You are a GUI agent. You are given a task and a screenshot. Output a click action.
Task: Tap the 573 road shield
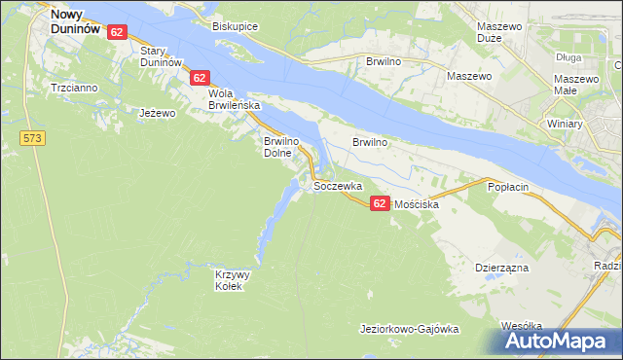33,139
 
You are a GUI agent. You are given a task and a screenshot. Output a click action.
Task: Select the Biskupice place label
236,26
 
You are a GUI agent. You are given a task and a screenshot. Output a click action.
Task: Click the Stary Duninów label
161,55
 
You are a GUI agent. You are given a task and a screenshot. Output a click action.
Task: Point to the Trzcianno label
74,88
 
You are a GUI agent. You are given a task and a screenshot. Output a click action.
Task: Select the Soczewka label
338,185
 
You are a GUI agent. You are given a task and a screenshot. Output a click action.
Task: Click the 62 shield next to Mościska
380,202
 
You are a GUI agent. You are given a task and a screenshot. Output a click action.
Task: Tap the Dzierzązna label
500,266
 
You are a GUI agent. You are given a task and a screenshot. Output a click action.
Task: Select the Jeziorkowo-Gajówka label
409,329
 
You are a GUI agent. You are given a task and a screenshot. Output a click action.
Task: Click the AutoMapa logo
560,341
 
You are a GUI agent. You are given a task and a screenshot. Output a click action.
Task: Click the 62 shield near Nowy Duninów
117,32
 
